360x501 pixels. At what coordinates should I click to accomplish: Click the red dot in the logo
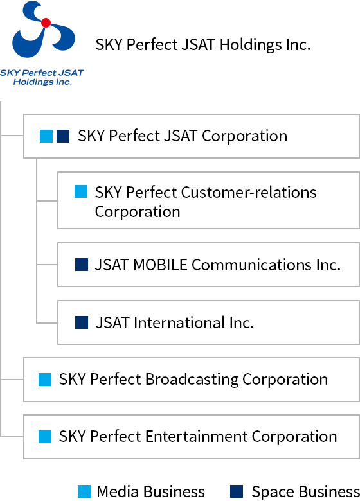46,22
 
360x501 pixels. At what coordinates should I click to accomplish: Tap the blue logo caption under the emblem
42,77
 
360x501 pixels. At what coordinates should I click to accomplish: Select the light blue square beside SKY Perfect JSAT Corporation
46,136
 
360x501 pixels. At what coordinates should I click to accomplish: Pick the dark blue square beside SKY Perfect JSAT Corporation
63,136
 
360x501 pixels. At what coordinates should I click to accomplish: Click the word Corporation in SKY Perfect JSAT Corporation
244,136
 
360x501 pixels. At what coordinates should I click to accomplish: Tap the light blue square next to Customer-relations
81,191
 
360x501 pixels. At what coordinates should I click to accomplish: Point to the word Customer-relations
249,192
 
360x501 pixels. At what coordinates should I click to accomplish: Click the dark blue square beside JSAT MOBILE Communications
82,265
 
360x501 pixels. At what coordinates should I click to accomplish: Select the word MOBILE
160,265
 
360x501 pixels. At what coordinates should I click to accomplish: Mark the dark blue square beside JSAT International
82,322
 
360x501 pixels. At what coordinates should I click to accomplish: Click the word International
179,322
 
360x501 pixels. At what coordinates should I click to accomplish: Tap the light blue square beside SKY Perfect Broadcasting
45,380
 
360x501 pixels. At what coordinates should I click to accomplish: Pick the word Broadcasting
192,380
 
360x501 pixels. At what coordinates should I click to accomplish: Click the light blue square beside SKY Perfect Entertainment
45,437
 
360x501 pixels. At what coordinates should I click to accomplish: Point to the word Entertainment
196,437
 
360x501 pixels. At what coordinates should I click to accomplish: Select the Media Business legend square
84,491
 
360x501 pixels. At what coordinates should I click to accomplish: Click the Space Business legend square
237,491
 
